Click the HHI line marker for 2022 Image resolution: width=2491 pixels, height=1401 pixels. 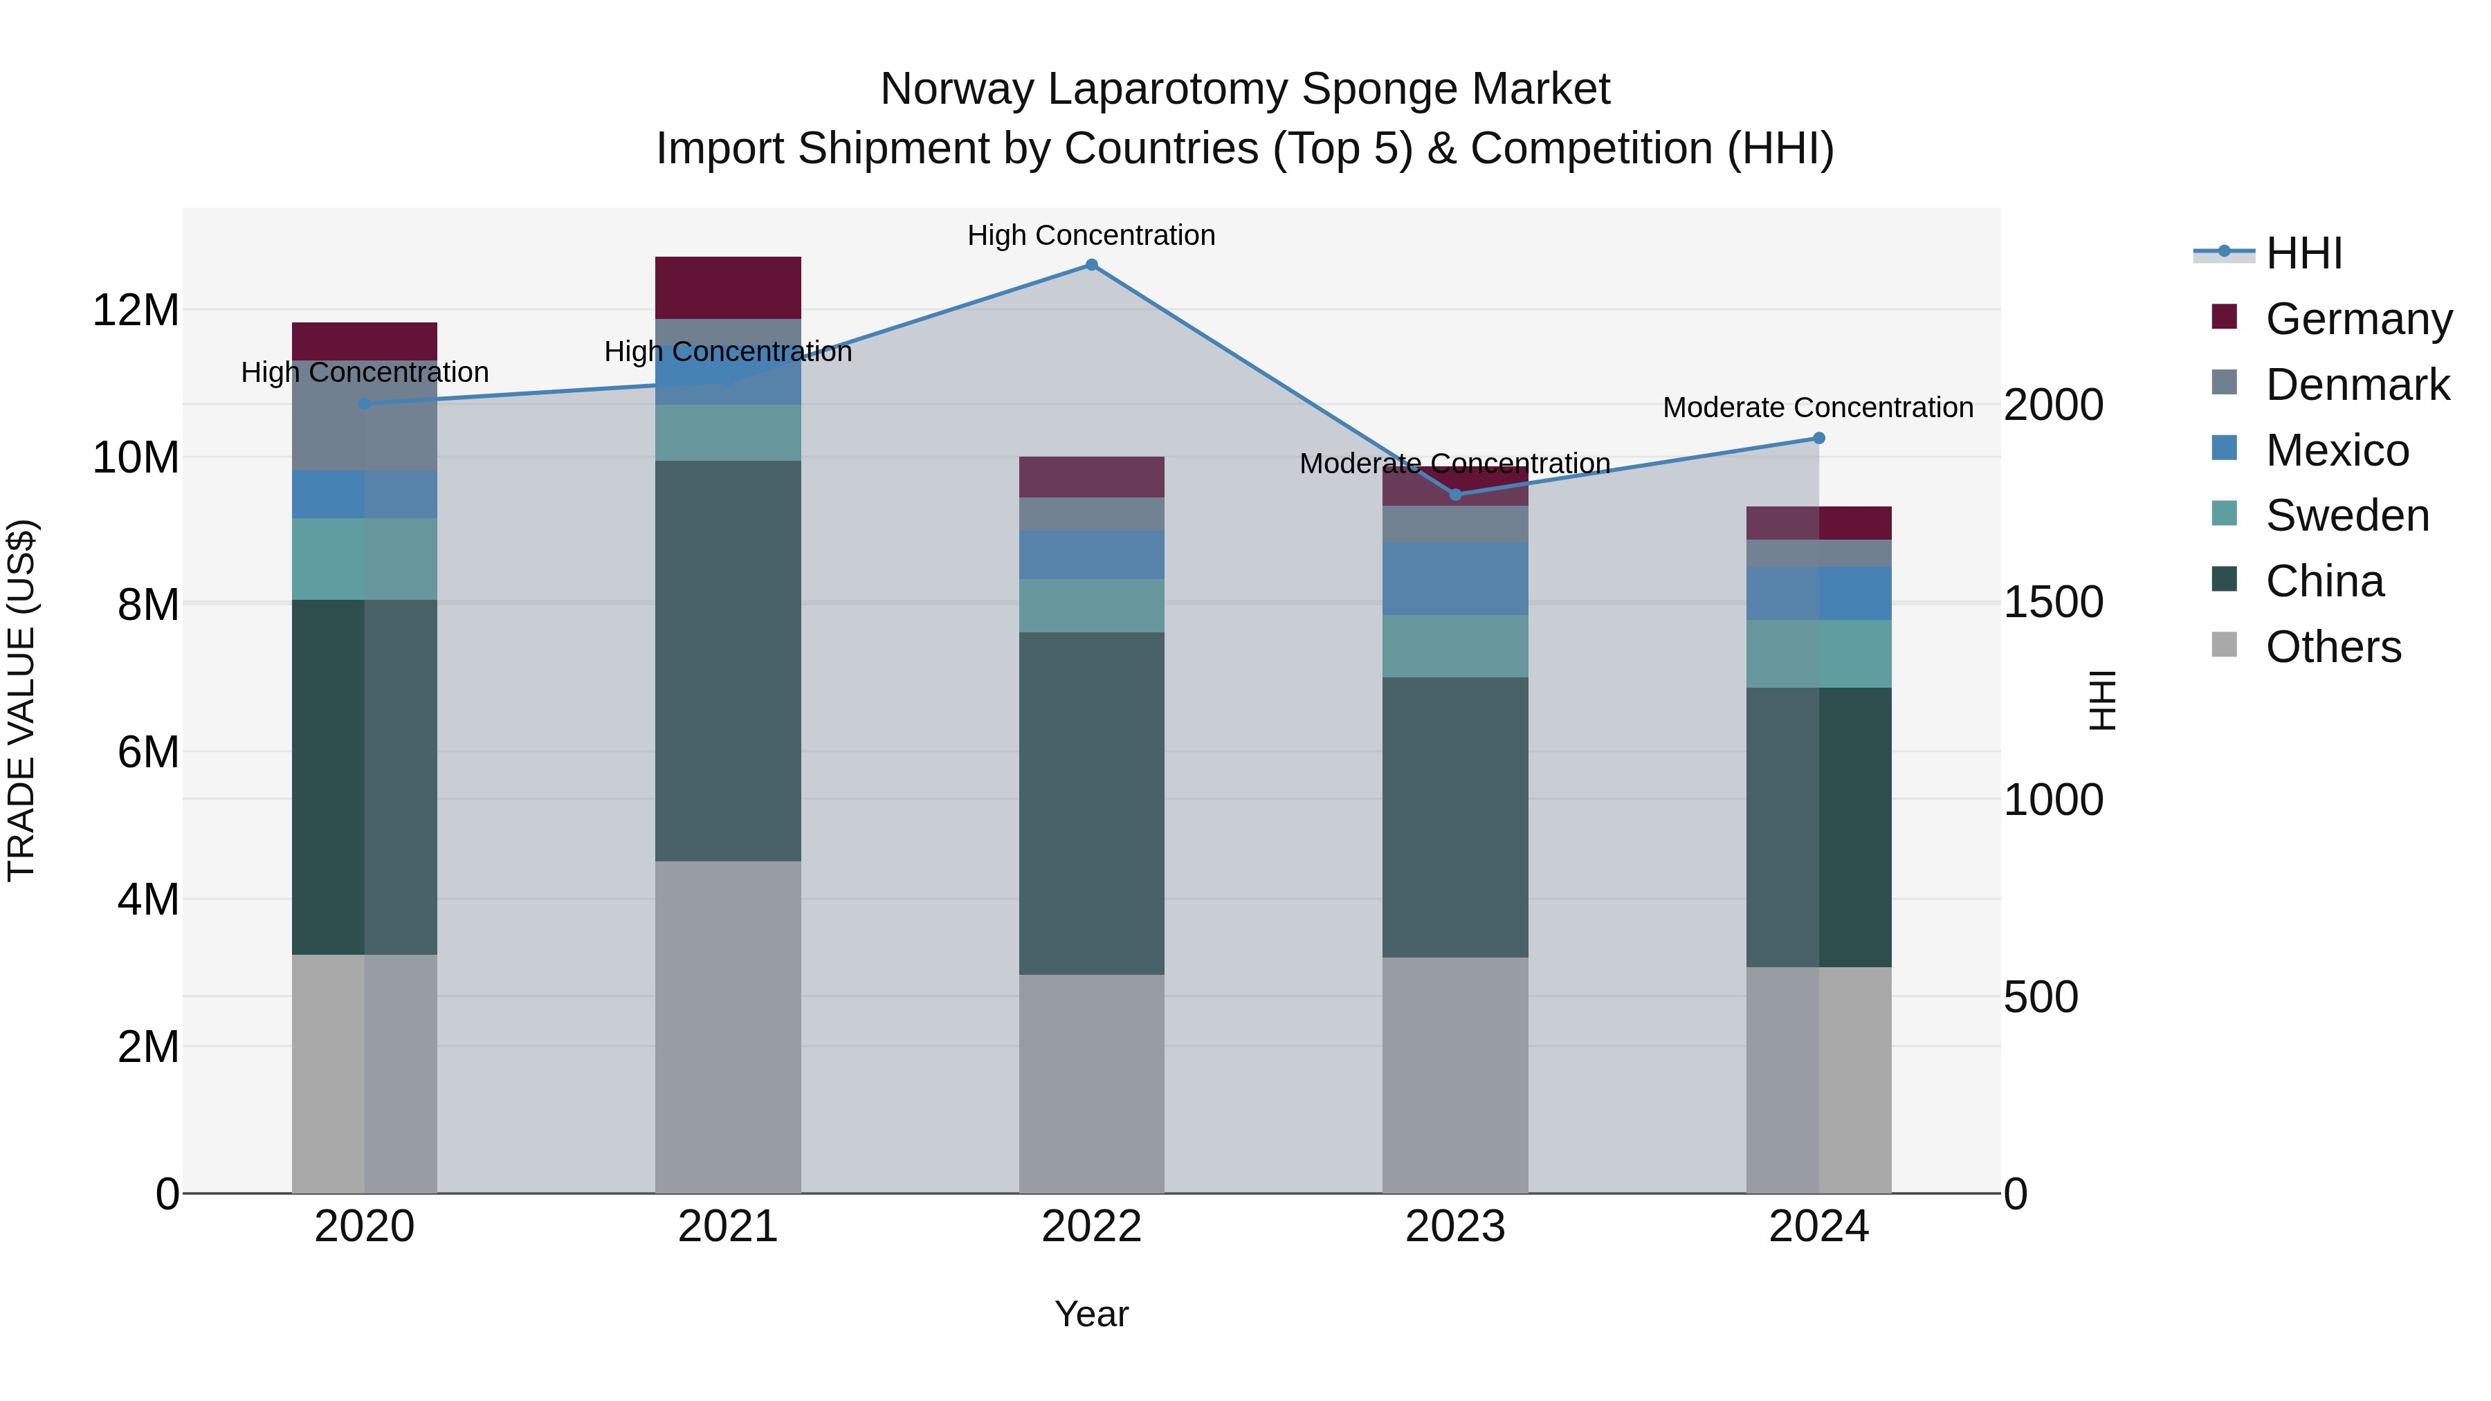[x=1092, y=265]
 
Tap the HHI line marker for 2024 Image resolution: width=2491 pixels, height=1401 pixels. [x=1819, y=438]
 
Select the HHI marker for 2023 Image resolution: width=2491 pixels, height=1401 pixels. [x=1455, y=494]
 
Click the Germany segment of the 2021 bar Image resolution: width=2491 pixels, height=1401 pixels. [x=728, y=287]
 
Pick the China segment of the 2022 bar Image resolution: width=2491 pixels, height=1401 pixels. [x=1092, y=803]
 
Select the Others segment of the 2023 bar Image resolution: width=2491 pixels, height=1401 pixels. [x=1455, y=1075]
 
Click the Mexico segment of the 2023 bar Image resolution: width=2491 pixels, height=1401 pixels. [x=1455, y=578]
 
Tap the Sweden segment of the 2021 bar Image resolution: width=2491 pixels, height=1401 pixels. [x=728, y=432]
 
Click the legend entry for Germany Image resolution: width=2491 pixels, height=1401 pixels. [x=2357, y=318]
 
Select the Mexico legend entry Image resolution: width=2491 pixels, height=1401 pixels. [x=2336, y=450]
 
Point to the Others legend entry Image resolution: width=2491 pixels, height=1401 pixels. [x=2333, y=646]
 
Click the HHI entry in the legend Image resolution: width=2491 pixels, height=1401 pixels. [x=2303, y=253]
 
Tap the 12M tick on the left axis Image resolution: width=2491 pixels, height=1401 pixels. [x=136, y=311]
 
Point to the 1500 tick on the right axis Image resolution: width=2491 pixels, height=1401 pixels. [x=2053, y=603]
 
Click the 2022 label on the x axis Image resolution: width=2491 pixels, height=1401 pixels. [x=1092, y=1227]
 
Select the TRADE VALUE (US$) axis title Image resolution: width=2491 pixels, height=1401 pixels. [x=21, y=700]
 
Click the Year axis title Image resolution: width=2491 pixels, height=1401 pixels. [x=1092, y=1314]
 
